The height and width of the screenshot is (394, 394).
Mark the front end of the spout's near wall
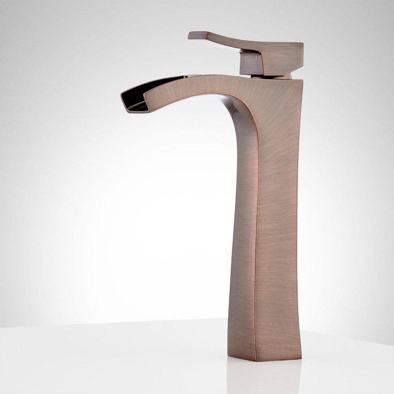[x=147, y=95]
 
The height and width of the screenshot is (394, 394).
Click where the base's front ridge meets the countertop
[x=255, y=361]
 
